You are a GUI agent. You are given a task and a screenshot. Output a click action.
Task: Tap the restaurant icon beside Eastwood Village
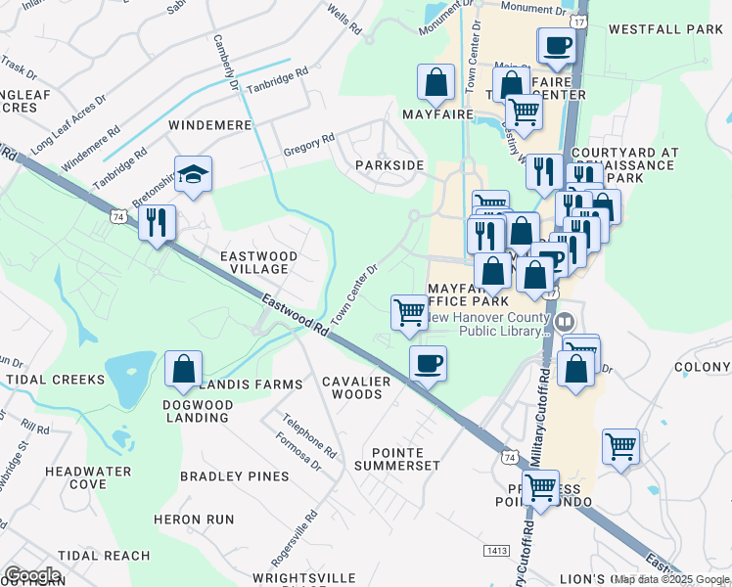point(157,222)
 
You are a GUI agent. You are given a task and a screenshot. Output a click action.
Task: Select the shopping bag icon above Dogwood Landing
point(183,369)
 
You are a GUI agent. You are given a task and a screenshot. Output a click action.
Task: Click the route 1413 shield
point(498,551)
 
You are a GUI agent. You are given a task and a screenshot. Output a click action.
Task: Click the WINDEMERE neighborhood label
point(209,126)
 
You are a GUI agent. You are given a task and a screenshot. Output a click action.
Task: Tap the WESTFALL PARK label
point(664,29)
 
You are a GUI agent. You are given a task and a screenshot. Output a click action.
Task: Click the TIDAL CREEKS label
point(54,379)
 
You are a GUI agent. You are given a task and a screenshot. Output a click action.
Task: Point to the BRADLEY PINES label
point(235,476)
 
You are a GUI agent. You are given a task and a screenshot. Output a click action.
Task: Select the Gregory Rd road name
point(309,144)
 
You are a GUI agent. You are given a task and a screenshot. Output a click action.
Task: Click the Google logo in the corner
point(32,575)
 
